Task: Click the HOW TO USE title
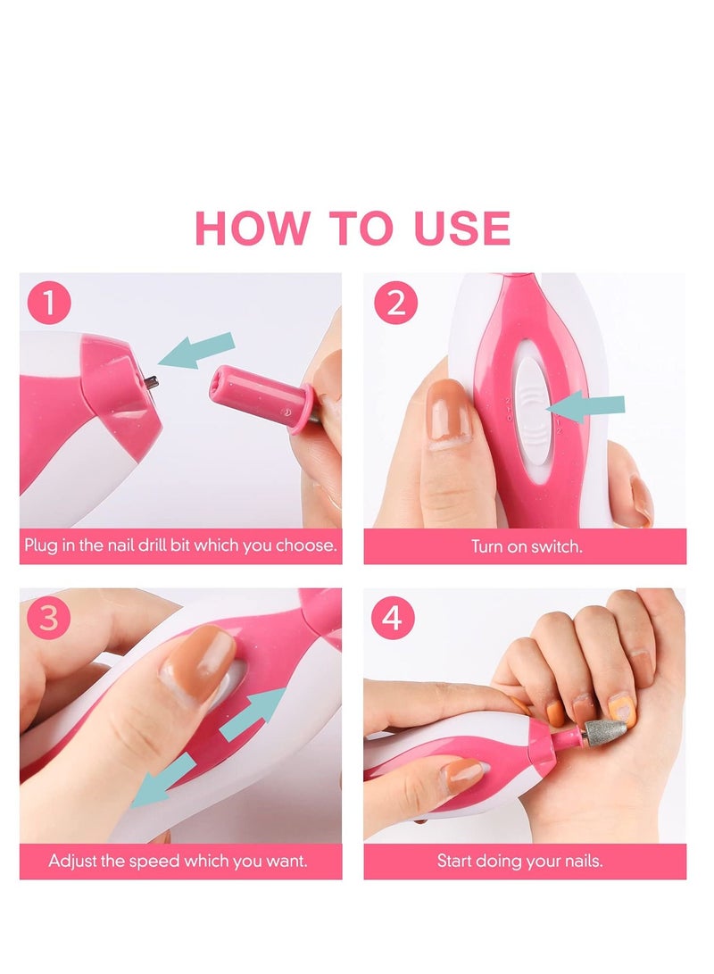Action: coord(353,229)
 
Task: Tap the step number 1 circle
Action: coord(49,304)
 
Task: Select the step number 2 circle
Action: coord(394,304)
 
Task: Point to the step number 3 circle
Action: coord(49,619)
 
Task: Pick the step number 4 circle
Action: coord(394,619)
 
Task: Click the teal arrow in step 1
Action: coord(198,349)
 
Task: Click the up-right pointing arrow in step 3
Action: coord(253,714)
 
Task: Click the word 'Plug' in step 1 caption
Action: coord(40,546)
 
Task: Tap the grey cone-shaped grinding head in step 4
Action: coord(605,733)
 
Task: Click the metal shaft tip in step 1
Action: coord(152,382)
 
